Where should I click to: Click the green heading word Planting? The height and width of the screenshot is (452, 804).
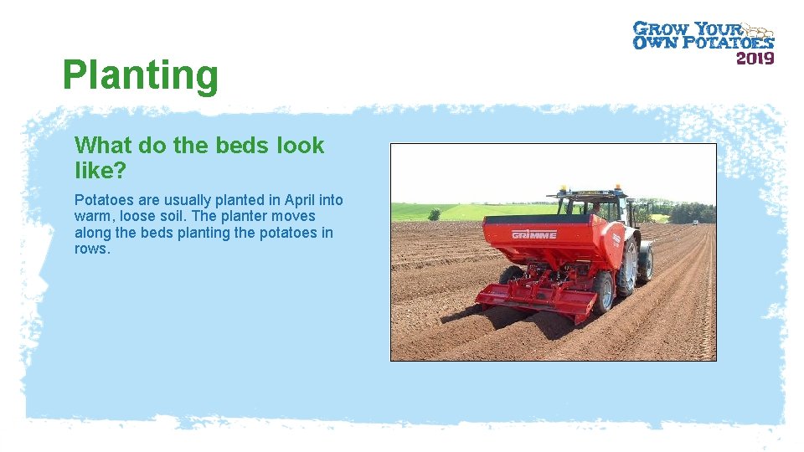[140, 75]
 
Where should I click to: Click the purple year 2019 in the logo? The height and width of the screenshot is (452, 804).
[755, 58]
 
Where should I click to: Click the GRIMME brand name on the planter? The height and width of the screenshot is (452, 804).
[534, 234]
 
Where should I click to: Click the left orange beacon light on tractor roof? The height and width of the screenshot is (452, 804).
[562, 189]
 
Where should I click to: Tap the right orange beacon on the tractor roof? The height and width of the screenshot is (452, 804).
[617, 187]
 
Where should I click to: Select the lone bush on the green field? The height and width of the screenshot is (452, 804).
[435, 214]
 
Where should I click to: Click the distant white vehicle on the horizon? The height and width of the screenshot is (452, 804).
[693, 222]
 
